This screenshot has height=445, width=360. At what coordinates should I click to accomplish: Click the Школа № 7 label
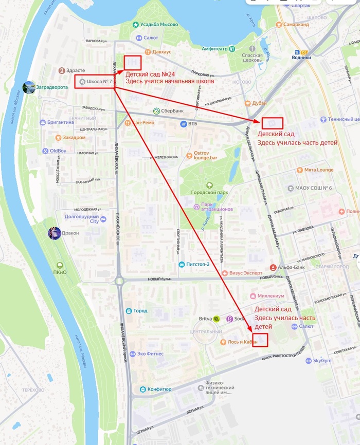[x=99, y=81]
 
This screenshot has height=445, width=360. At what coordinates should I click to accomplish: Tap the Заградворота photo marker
[x=29, y=87]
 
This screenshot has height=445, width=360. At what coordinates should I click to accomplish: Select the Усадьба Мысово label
[x=161, y=25]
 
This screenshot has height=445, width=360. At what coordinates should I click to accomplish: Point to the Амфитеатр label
[x=214, y=49]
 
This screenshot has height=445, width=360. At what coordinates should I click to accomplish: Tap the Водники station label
[x=301, y=58]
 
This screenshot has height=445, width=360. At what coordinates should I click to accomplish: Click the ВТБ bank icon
[x=183, y=124]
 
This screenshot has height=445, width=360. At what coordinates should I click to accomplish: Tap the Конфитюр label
[x=159, y=389]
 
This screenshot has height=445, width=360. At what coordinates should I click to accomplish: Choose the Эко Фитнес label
[x=150, y=354]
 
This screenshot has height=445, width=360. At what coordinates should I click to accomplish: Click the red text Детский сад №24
[x=150, y=74]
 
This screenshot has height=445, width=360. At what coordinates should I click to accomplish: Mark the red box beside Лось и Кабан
[x=260, y=340]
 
